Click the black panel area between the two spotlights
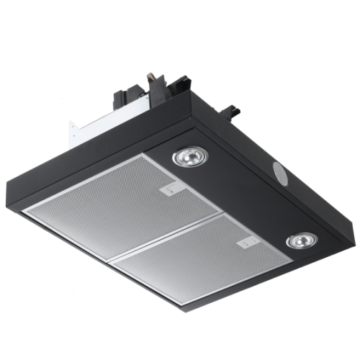click(x=238, y=194)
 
